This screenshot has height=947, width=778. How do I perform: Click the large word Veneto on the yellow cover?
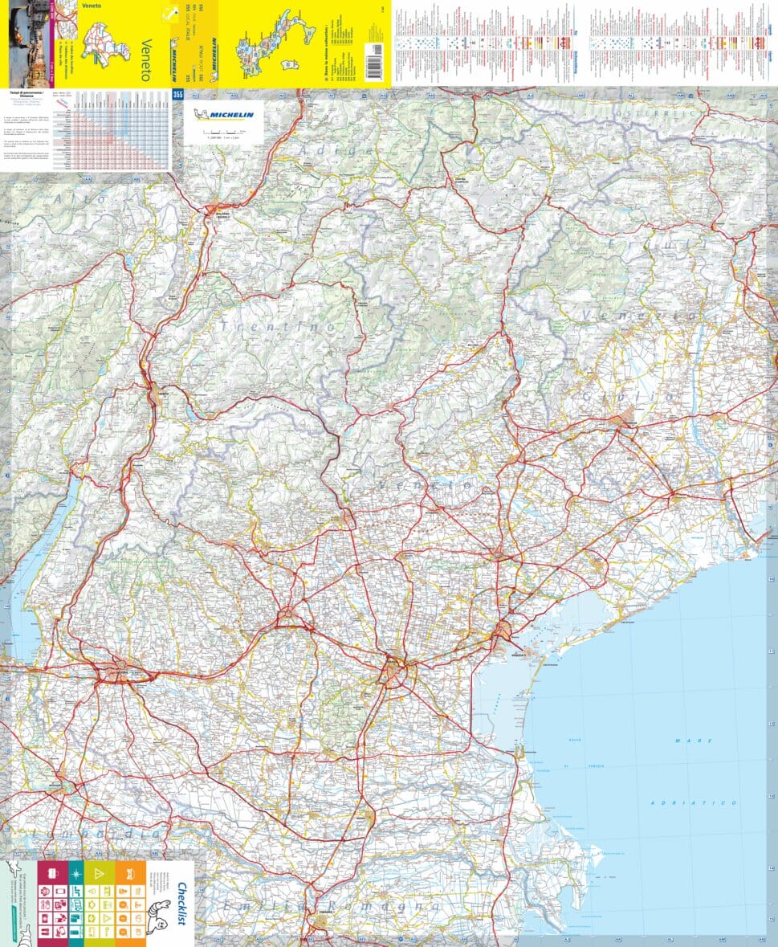click(x=145, y=59)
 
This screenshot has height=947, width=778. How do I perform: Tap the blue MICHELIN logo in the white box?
click(x=224, y=114)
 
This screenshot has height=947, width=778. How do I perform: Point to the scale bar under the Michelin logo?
click(x=224, y=130)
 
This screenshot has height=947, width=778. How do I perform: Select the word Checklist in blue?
click(x=182, y=904)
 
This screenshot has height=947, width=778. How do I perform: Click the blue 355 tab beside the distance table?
click(x=177, y=95)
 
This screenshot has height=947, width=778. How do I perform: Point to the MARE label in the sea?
click(x=682, y=740)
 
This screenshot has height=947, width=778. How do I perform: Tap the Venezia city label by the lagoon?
click(x=522, y=655)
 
